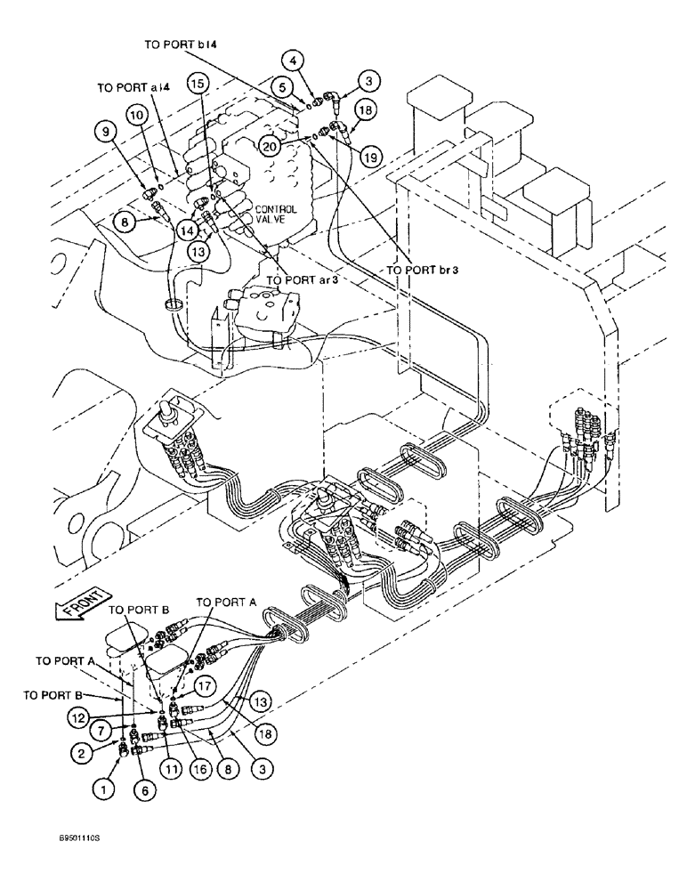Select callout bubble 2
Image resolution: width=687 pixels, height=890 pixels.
80,752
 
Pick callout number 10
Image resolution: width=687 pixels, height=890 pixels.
135,115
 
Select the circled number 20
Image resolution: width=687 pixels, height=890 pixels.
271,143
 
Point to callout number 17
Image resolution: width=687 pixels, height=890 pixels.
205,686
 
